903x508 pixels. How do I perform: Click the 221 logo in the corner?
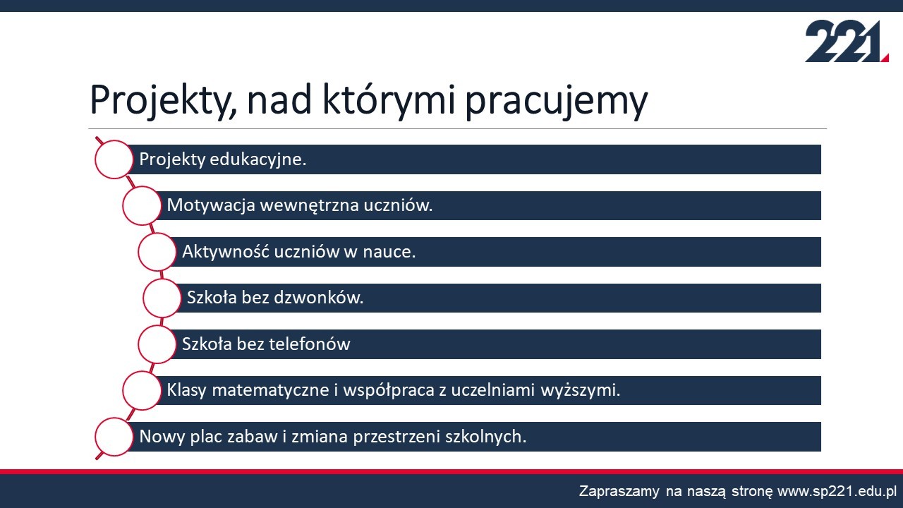pyautogui.click(x=847, y=41)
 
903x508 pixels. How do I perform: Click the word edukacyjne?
pyautogui.click(x=258, y=159)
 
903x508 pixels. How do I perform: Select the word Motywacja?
pyautogui.click(x=211, y=205)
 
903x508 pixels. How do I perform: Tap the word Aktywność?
pyautogui.click(x=225, y=252)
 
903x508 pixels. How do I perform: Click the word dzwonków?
pyautogui.click(x=318, y=298)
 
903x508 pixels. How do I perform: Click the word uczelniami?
pyautogui.click(x=492, y=390)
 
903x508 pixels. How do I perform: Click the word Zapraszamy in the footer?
pyautogui.click(x=619, y=492)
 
